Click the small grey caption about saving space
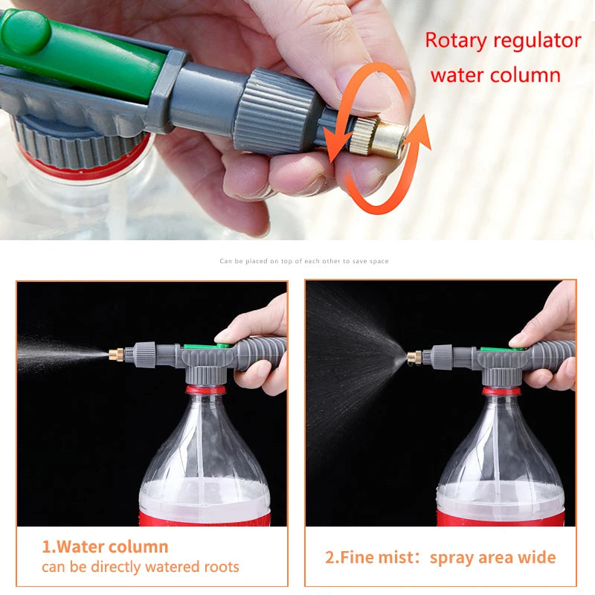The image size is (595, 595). [x=303, y=261]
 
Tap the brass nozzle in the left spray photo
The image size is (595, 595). [x=116, y=354]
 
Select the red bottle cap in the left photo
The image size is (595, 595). [x=205, y=389]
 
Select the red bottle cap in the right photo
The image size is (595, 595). [x=501, y=390]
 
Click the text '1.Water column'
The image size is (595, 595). [x=105, y=547]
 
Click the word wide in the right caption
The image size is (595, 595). [x=537, y=557]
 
